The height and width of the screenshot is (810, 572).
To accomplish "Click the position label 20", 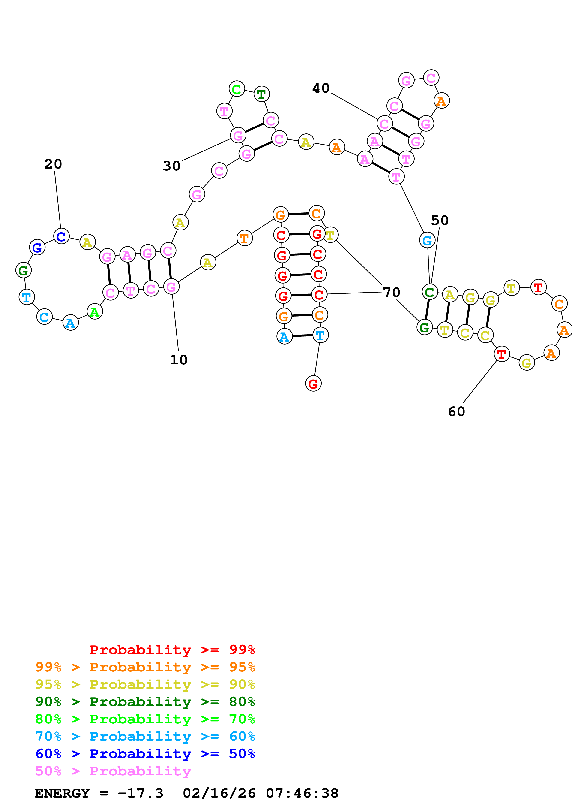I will [53, 164].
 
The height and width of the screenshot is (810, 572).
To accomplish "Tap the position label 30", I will [172, 166].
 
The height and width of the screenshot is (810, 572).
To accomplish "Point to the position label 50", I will [440, 221].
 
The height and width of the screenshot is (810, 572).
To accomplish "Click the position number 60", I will [456, 412].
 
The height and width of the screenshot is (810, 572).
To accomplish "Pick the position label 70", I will [392, 293].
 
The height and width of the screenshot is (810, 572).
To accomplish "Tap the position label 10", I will [179, 360].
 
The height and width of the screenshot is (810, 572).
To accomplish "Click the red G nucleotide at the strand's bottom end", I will [313, 384].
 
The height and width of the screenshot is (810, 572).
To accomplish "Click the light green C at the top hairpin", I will [237, 89].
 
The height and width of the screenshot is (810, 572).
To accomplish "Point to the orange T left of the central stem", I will [245, 239].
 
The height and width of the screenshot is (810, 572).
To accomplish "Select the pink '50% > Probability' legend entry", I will [113, 771].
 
